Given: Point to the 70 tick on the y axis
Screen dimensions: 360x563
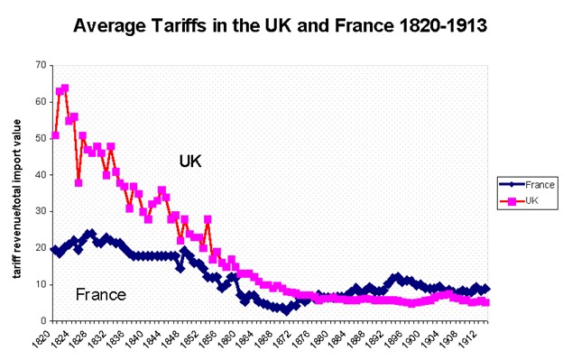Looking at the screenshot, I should pyautogui.click(x=39, y=65).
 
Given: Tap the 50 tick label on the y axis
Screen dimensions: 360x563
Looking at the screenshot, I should pyautogui.click(x=39, y=138).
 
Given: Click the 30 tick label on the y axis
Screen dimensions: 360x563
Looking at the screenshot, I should pyautogui.click(x=39, y=211).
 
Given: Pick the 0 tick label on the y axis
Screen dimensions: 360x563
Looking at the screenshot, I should pyautogui.click(x=42, y=320).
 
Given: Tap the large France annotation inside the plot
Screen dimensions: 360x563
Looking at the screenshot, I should pyautogui.click(x=100, y=294).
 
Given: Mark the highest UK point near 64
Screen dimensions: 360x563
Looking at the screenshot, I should pyautogui.click(x=65, y=88).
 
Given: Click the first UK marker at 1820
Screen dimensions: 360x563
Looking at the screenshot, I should pyautogui.click(x=56, y=135).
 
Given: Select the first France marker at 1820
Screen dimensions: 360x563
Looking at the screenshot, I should pyautogui.click(x=55, y=250).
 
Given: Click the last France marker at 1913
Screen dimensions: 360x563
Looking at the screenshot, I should pyautogui.click(x=486, y=289).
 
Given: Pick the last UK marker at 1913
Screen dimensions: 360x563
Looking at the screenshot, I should pyautogui.click(x=486, y=302).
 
